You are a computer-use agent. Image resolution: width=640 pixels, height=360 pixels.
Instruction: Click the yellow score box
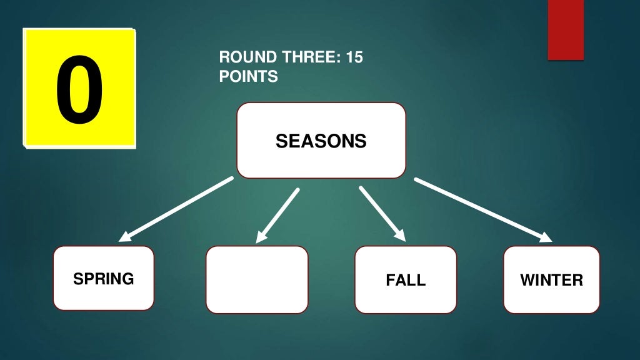pyautogui.click(x=79, y=88)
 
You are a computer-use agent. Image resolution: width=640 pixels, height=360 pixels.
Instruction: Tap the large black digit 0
pyautogui.click(x=79, y=90)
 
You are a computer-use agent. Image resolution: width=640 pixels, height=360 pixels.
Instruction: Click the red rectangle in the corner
pyautogui.click(x=566, y=30)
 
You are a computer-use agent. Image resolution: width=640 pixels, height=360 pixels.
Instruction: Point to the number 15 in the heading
pyautogui.click(x=355, y=57)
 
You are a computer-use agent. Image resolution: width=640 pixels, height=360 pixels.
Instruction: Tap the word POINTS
pyautogui.click(x=249, y=76)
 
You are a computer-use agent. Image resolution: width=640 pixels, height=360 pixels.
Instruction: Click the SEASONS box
pyautogui.click(x=321, y=141)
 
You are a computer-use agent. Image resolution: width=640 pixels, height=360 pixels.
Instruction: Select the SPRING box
pyautogui.click(x=104, y=278)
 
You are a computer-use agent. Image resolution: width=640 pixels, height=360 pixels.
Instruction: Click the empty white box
pyautogui.click(x=257, y=279)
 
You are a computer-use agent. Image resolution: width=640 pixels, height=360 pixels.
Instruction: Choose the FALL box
pyautogui.click(x=406, y=279)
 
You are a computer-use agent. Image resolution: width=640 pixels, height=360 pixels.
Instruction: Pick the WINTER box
pyautogui.click(x=552, y=279)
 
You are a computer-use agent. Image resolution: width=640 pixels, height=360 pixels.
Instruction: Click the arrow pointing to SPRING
pyautogui.click(x=176, y=209)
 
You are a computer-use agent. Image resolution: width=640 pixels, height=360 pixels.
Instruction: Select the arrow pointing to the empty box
pyautogui.click(x=277, y=216)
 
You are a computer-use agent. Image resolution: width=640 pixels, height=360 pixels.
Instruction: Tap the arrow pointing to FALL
pyautogui.click(x=382, y=214)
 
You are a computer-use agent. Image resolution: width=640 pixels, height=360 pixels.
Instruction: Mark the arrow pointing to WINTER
pyautogui.click(x=483, y=210)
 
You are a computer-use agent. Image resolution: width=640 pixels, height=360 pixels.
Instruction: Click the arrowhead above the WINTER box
pyautogui.click(x=546, y=237)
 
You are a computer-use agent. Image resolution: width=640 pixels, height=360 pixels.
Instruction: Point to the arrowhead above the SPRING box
pyautogui.click(x=124, y=237)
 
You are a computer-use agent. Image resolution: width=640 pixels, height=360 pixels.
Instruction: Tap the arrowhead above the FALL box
pyautogui.click(x=400, y=235)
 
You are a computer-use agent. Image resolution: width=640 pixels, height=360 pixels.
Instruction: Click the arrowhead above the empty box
pyautogui.click(x=261, y=237)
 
